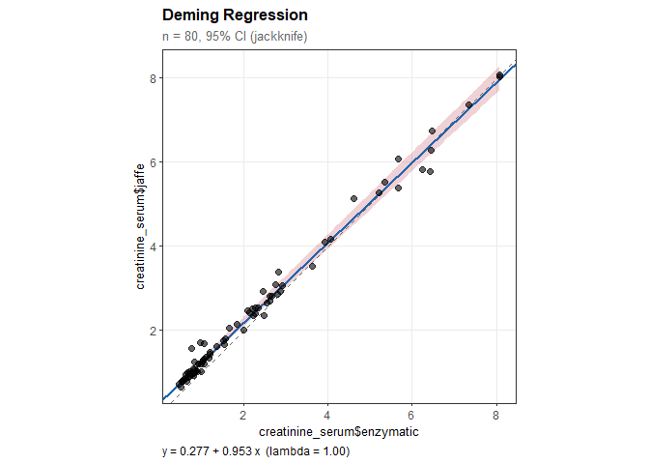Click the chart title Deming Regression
coord(236,16)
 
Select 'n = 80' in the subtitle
coord(181,37)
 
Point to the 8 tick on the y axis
coord(153,78)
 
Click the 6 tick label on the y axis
coord(153,162)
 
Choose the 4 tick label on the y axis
coord(153,246)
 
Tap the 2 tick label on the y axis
coord(153,331)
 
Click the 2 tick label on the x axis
coord(243,415)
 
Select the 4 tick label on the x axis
coord(328,415)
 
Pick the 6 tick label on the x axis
coord(412,415)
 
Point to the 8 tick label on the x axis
coord(496,415)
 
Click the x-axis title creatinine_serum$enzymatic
coord(339,431)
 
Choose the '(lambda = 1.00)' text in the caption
coord(307,451)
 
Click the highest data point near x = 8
coord(499,75)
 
